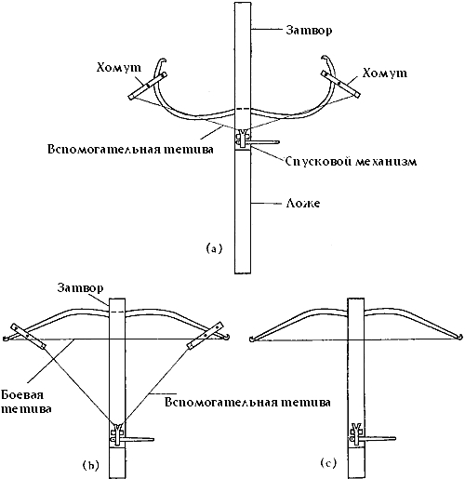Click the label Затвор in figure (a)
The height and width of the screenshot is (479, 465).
[309, 31]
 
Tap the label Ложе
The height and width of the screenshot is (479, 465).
[302, 204]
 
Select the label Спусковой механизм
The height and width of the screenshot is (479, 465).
[351, 162]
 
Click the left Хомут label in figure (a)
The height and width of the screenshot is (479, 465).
[119, 68]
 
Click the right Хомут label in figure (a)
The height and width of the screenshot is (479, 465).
[384, 73]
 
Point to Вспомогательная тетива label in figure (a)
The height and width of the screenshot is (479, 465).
[130, 149]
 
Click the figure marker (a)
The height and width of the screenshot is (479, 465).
[214, 248]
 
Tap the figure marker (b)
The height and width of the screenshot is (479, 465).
[90, 465]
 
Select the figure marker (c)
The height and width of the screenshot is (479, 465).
[328, 463]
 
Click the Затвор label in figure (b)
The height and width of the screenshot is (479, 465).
[80, 288]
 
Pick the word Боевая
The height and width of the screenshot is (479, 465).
[22, 395]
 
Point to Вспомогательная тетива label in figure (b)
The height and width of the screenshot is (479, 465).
[247, 403]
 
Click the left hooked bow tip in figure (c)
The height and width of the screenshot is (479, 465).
[252, 339]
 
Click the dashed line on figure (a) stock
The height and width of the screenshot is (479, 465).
[243, 110]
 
